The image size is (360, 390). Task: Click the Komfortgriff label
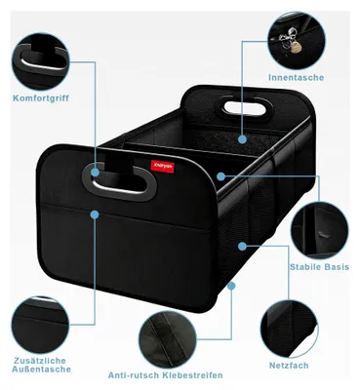point(41,98)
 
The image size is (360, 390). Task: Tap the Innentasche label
point(297,77)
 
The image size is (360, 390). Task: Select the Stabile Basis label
point(319,267)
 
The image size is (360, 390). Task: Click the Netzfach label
point(289,366)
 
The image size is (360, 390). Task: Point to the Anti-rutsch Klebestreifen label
point(166,375)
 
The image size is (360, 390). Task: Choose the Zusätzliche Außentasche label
point(41,365)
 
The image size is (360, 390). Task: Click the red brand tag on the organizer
point(163,166)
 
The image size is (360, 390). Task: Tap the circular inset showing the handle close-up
point(41,61)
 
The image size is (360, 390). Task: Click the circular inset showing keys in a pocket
point(297,40)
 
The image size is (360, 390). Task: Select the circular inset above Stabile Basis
point(320,229)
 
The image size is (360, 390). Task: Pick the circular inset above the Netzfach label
point(289,329)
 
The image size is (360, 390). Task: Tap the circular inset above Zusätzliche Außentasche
point(41,325)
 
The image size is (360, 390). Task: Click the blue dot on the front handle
point(95,173)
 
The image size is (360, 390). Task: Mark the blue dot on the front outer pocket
point(95,214)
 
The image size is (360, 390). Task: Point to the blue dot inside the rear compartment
point(242,139)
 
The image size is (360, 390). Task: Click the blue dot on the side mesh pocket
point(242,247)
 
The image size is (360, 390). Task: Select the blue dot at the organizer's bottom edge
point(231,286)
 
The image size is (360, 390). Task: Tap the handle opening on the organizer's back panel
point(245,107)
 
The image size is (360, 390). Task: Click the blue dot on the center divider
point(220,176)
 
